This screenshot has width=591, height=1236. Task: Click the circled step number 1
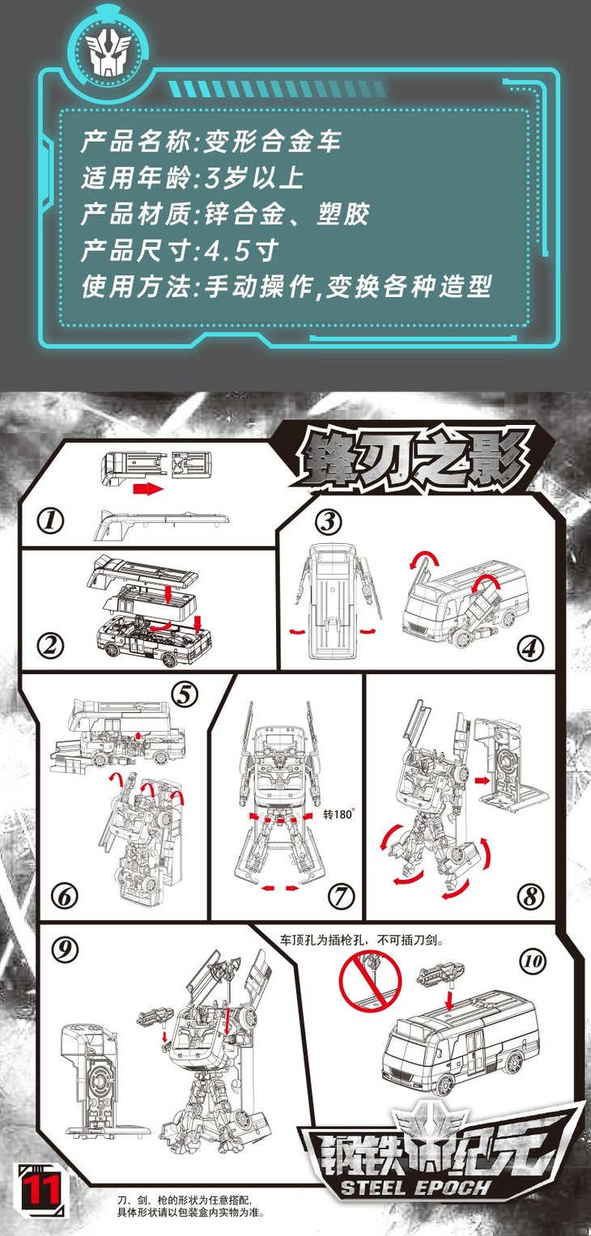(x=50, y=520)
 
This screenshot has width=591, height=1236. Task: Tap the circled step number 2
(x=51, y=645)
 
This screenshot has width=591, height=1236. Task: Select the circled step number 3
(x=329, y=521)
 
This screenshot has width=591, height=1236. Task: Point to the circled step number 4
(x=530, y=648)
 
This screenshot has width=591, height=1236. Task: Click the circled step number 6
(x=65, y=897)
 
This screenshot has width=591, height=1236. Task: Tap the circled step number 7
(x=342, y=897)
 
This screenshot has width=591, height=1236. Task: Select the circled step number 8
(x=530, y=897)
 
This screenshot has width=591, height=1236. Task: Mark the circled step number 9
(x=65, y=949)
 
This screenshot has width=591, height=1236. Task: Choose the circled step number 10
(x=533, y=962)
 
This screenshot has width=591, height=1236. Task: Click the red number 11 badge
(x=40, y=1190)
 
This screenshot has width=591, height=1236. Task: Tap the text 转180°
(x=338, y=814)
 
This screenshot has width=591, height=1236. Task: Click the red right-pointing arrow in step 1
(x=148, y=488)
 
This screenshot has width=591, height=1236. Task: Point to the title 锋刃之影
(x=412, y=458)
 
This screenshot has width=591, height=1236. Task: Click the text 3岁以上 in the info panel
(x=254, y=178)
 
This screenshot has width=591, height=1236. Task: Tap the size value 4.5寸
(x=241, y=250)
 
